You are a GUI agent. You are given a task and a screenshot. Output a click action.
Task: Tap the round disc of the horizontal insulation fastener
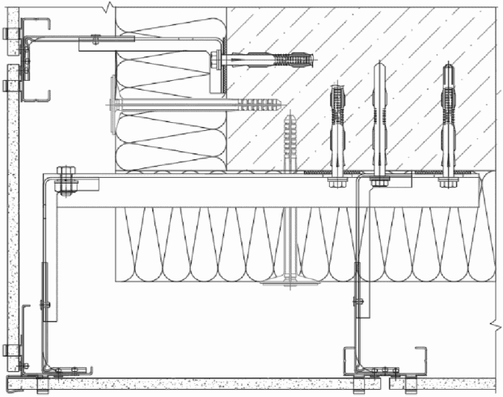pos(109,103)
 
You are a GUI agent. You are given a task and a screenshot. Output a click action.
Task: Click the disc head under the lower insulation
pos(290,282)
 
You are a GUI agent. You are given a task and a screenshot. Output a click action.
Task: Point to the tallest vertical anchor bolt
pos(380,121)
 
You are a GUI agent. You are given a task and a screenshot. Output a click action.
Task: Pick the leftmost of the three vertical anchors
pos(337,129)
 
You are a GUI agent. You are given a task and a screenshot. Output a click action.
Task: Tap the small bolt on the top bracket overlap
pos(96,37)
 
